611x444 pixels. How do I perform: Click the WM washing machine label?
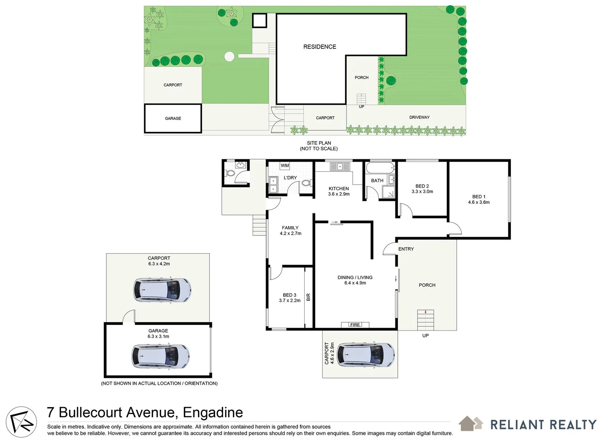(x=285, y=166)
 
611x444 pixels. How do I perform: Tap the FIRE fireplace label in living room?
(x=355, y=325)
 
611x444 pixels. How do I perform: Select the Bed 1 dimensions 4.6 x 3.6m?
(x=479, y=202)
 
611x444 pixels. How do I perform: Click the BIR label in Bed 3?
(x=308, y=297)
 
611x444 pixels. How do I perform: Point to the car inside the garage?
(x=160, y=356)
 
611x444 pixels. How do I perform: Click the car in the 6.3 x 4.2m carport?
(x=162, y=290)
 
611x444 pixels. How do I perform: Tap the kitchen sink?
(x=340, y=166)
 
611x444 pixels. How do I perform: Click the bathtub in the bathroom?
(x=380, y=168)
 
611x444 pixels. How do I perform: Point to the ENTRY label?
(x=406, y=249)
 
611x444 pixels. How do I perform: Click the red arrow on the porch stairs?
(x=426, y=312)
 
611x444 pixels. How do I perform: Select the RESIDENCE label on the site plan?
(x=319, y=47)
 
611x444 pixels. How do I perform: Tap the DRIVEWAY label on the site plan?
(x=419, y=118)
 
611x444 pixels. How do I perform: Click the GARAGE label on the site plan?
(x=173, y=118)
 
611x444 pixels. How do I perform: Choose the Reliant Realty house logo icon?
(x=471, y=423)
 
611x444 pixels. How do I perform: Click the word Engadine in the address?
(x=213, y=412)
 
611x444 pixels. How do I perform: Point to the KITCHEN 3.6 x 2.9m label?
(x=339, y=192)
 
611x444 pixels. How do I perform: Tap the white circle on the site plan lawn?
(x=229, y=56)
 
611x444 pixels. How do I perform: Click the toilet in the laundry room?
(x=305, y=183)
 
